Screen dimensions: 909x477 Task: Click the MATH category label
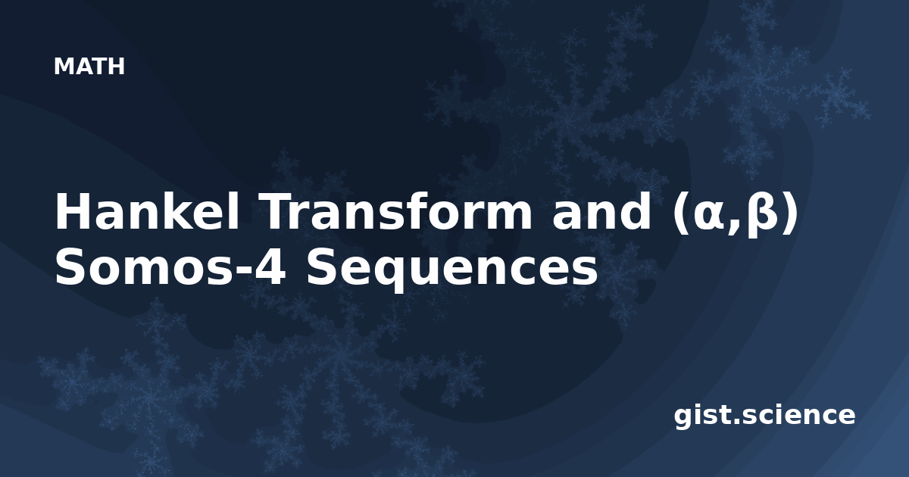(x=89, y=67)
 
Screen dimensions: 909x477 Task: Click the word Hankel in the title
(x=147, y=212)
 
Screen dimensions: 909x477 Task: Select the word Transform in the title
(x=398, y=212)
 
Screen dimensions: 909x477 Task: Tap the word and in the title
(x=601, y=212)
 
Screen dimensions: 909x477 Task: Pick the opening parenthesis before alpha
(x=680, y=213)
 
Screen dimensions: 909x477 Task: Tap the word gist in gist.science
(x=701, y=417)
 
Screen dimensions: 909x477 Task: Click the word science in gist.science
(x=798, y=416)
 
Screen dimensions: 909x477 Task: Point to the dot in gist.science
(x=734, y=422)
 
